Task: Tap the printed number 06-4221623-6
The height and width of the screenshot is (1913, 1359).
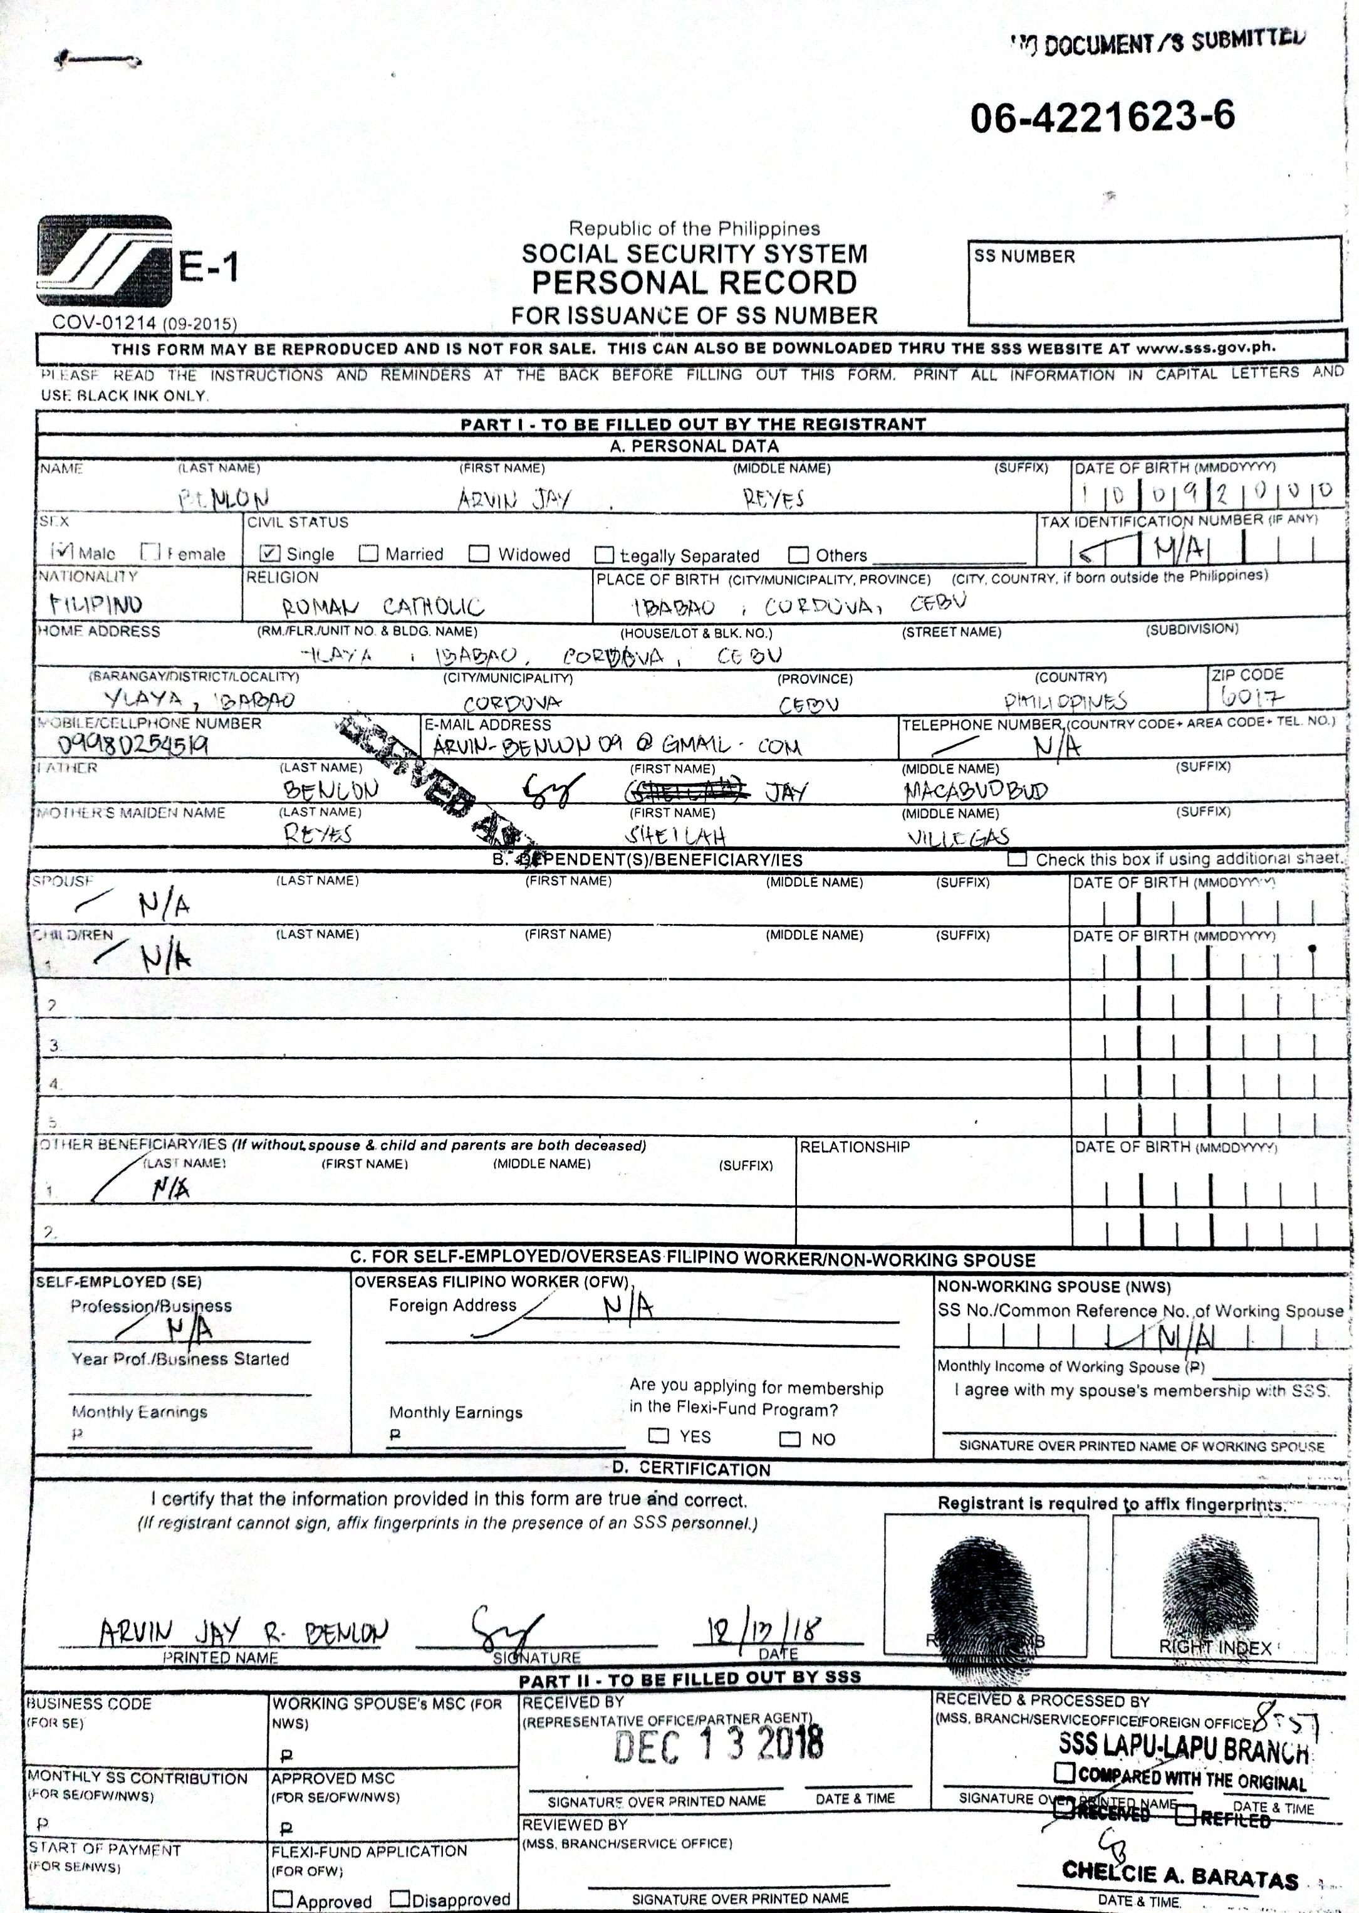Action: (x=1102, y=117)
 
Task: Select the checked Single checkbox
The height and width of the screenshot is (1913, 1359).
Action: (x=269, y=553)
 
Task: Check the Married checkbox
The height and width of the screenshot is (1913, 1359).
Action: (x=368, y=553)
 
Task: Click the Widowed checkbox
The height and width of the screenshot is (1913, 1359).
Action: (x=479, y=553)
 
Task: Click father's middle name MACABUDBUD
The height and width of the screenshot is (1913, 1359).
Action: (x=975, y=790)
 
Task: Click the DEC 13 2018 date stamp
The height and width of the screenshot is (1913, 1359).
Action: (x=718, y=1744)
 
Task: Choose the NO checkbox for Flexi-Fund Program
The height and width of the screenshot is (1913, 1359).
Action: (x=789, y=1439)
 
